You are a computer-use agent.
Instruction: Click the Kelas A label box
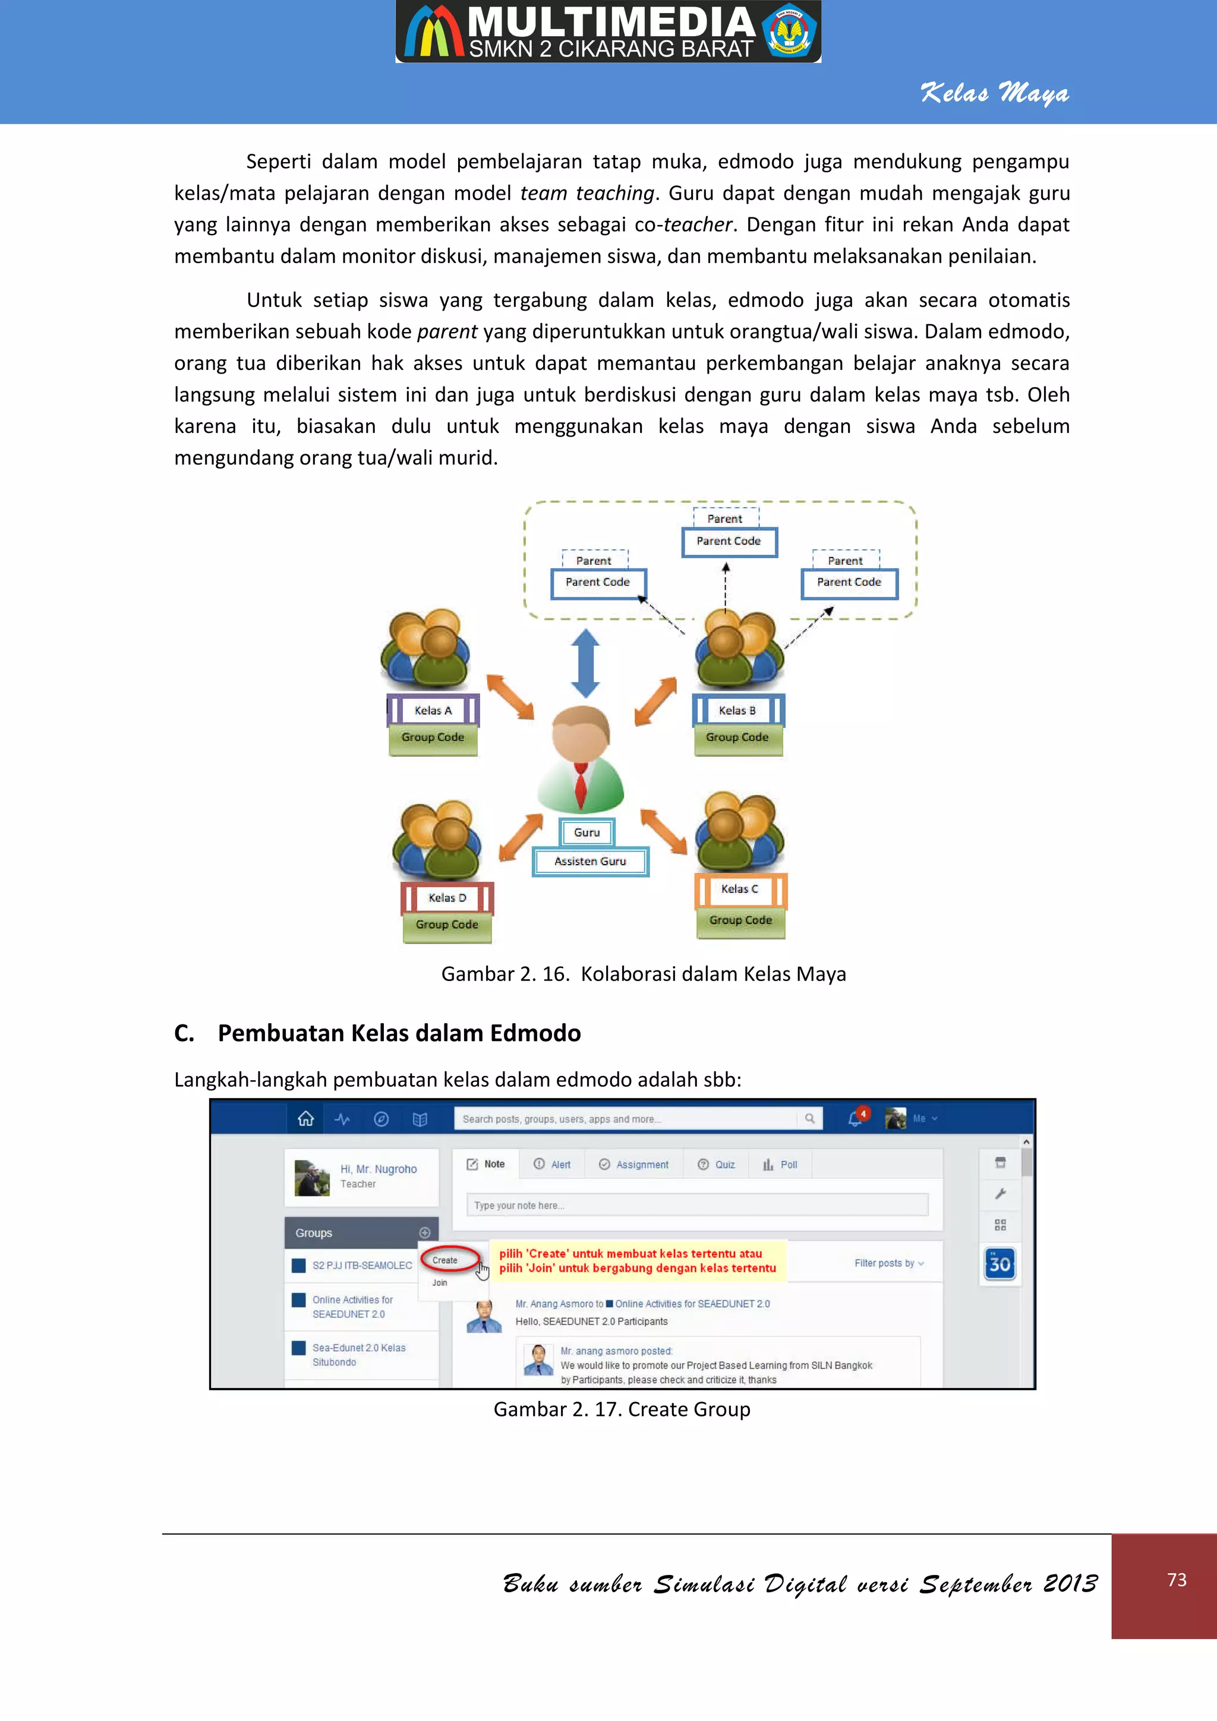coord(433,710)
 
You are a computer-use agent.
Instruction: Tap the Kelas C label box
coord(740,889)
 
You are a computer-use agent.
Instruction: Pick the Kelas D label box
coord(447,897)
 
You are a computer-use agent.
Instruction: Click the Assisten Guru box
coord(590,861)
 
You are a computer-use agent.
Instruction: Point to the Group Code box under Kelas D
coord(447,925)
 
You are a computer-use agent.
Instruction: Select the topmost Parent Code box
coord(729,541)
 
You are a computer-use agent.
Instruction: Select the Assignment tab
coord(635,1165)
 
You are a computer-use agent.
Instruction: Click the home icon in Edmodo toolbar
coord(306,1119)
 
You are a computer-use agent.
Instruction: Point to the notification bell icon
coord(854,1119)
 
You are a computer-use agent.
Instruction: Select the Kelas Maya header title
coord(994,93)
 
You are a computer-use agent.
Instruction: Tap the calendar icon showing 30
coord(1000,1264)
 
